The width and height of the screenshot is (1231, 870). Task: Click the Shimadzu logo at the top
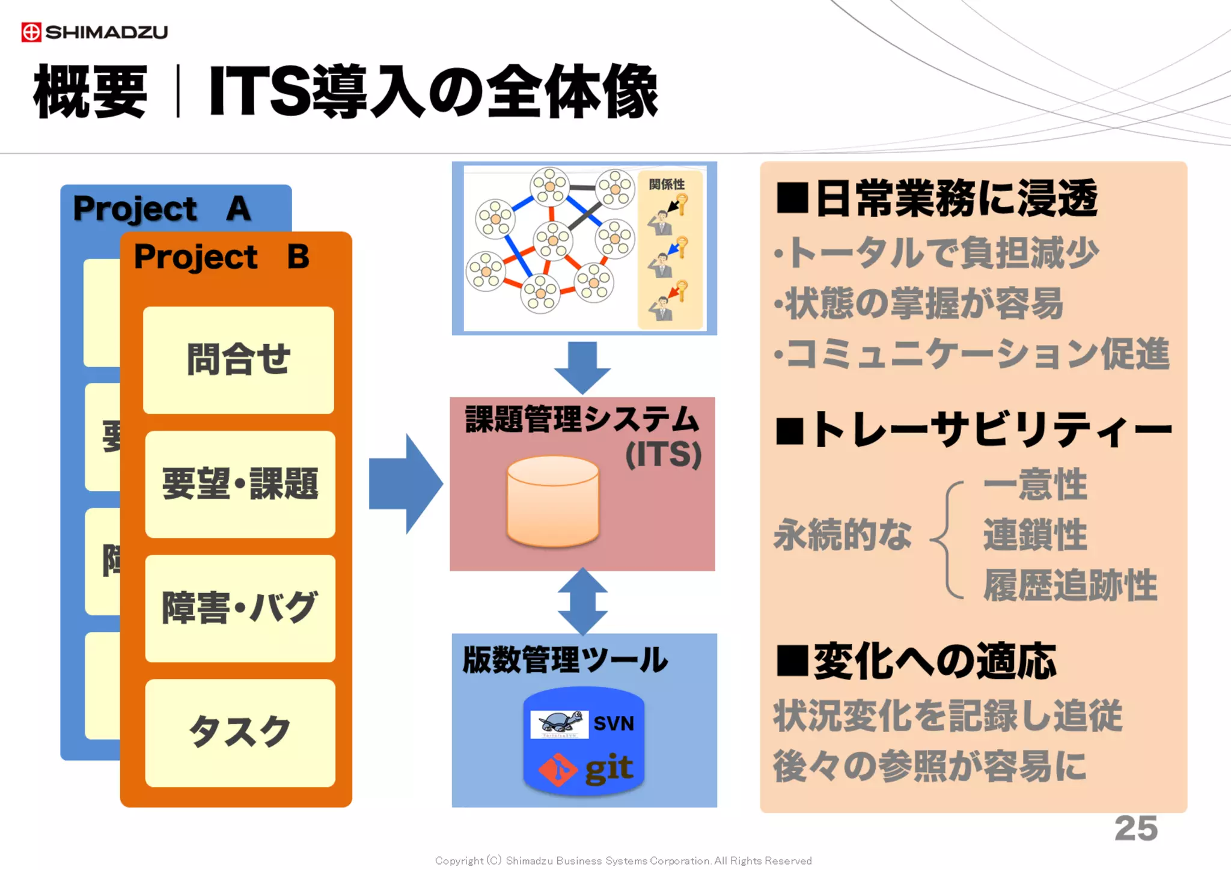(94, 32)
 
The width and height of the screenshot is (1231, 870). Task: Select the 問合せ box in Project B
(239, 360)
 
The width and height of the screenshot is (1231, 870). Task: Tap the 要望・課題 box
(240, 484)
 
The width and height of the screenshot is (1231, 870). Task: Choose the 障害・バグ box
(240, 608)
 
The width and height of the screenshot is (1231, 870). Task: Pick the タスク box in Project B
(240, 732)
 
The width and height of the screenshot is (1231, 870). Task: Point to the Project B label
(221, 257)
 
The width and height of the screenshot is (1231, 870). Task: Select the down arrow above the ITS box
(582, 366)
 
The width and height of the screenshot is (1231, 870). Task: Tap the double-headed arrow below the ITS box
(582, 601)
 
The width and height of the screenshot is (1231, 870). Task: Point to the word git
(608, 768)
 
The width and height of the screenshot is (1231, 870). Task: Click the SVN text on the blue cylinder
(614, 723)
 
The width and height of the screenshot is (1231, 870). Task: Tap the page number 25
(1135, 829)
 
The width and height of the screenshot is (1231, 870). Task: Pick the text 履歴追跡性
(1070, 585)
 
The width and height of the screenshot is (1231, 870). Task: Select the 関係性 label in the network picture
(667, 184)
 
